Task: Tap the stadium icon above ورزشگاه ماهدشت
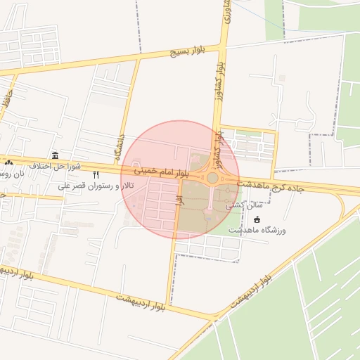[256, 219]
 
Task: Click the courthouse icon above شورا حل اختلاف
[55, 155]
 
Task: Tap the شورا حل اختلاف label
[56, 166]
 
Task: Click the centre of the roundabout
[212, 178]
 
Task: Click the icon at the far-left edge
[8, 164]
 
